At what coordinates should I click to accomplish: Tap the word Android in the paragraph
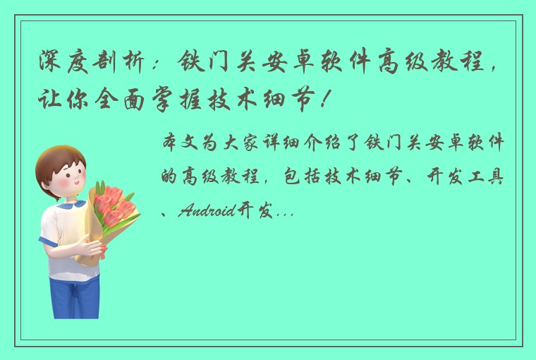(206, 210)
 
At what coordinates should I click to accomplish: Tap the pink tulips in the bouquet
(113, 204)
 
